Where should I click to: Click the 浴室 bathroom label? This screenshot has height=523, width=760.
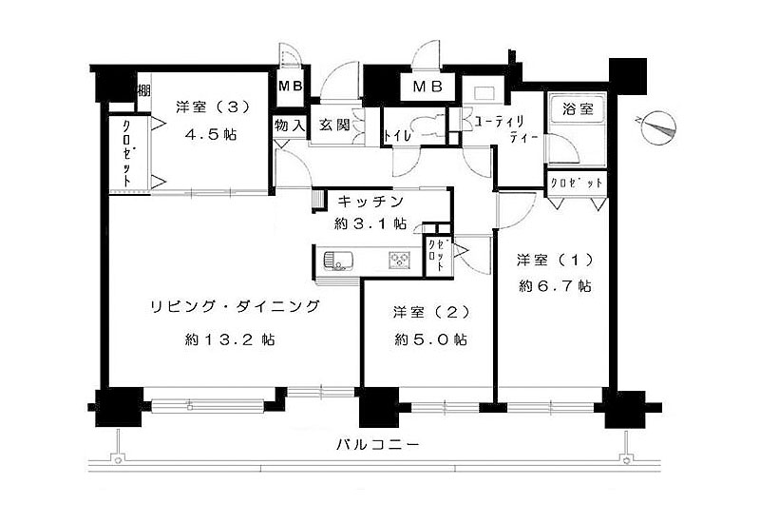[575, 108]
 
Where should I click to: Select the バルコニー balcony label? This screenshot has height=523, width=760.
[378, 444]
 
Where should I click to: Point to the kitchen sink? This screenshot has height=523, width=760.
[337, 258]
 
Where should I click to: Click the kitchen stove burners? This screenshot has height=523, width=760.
[399, 258]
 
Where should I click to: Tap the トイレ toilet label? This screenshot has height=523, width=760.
[397, 136]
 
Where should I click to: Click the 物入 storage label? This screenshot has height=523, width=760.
[289, 125]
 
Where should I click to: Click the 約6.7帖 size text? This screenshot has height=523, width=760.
[555, 285]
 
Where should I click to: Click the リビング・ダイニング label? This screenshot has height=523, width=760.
[233, 306]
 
